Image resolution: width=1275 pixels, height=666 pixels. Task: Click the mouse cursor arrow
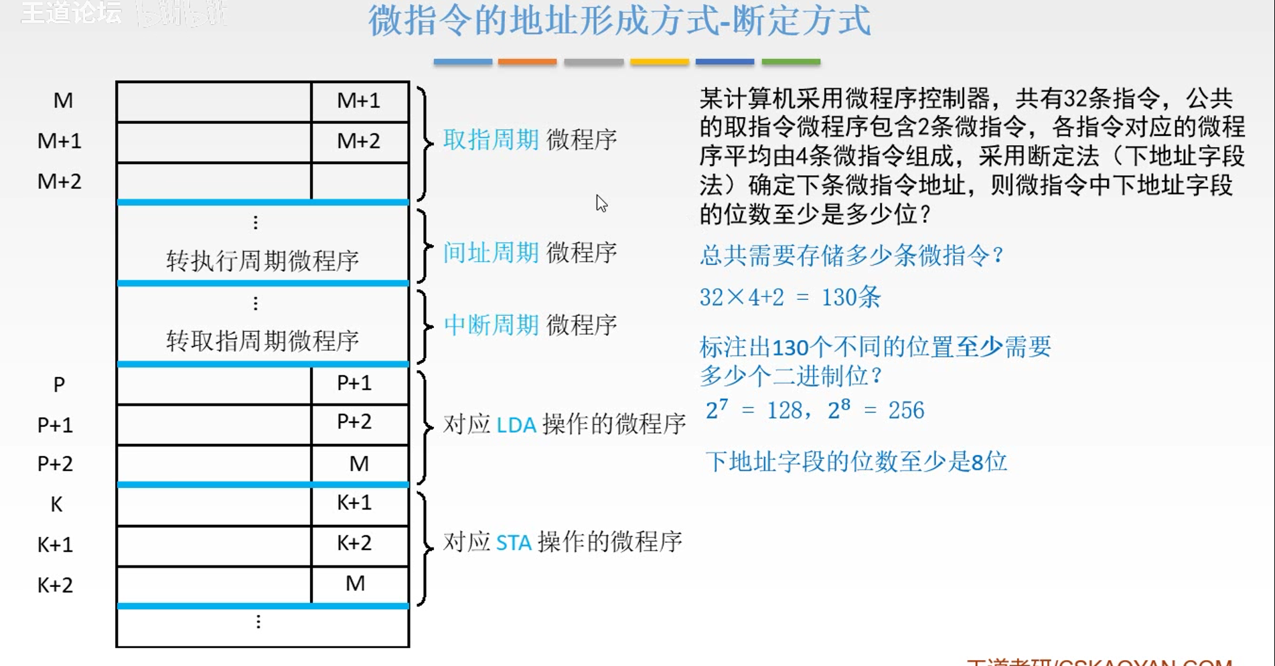point(601,203)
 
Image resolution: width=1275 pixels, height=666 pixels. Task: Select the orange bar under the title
point(527,62)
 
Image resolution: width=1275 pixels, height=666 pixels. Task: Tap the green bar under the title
point(791,62)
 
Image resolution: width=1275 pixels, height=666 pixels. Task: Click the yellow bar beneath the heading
point(659,62)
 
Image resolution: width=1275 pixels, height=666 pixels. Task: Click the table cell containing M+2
point(359,141)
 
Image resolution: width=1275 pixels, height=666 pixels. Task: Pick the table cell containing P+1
point(354,383)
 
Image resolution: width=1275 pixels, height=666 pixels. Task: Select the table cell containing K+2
point(354,543)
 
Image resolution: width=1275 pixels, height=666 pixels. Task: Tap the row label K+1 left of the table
point(55,545)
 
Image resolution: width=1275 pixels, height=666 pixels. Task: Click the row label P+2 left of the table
point(55,464)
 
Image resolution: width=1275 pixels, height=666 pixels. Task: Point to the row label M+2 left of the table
point(59,181)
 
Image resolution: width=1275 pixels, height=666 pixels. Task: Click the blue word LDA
point(516,425)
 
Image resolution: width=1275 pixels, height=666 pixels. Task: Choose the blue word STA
point(514,542)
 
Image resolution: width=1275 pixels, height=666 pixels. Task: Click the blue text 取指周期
point(491,140)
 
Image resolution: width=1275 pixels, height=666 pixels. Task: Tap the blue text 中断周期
point(491,325)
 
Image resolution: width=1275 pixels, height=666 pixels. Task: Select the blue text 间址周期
point(491,253)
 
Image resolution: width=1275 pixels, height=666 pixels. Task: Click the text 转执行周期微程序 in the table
point(262,260)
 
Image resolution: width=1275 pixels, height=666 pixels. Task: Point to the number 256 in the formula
point(906,410)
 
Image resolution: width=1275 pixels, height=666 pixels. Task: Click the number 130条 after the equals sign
point(850,297)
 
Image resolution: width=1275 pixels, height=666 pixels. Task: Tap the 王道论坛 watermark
point(71,13)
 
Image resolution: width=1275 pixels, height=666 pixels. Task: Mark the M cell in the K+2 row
point(356,584)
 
